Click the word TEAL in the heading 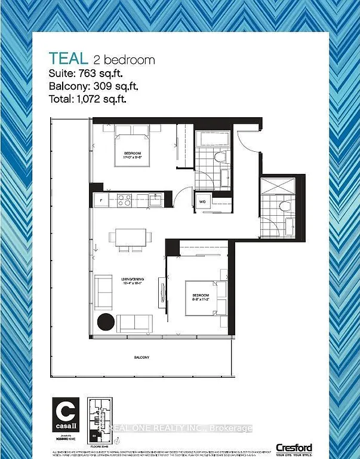69,59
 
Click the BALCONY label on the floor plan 141,357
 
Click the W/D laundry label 202,202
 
